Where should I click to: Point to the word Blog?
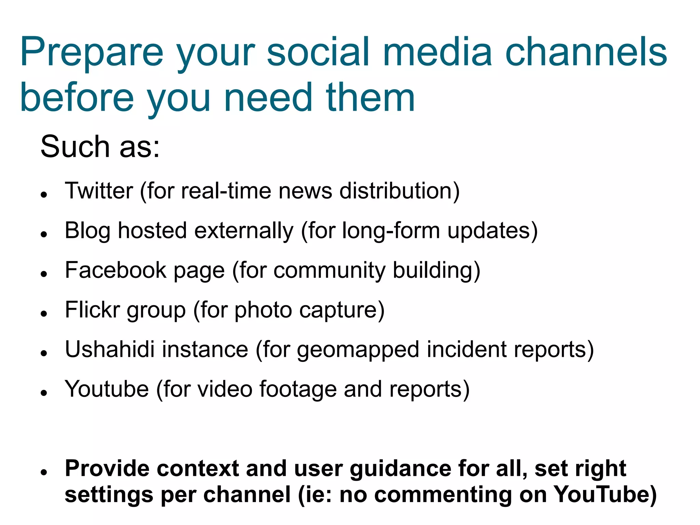[87, 231]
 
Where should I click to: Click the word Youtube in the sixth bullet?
[107, 389]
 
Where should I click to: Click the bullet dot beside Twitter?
[43, 195]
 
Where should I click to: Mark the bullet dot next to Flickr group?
[43, 314]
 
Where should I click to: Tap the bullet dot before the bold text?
[43, 472]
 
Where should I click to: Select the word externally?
[244, 231]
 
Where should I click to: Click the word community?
[329, 271]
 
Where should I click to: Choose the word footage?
[298, 390]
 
